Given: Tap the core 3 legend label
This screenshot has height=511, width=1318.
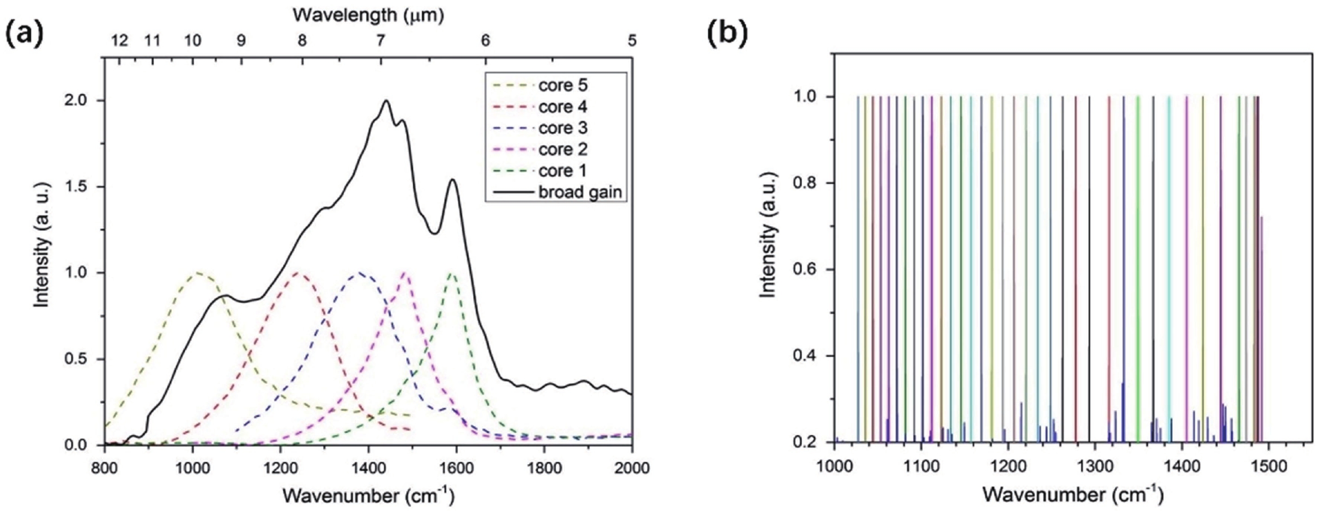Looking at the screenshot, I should [562, 128].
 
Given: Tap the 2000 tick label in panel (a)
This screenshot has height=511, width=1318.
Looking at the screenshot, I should [632, 468].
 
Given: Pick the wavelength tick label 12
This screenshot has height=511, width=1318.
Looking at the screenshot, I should [120, 41].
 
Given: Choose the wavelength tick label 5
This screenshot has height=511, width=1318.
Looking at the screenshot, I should [632, 41].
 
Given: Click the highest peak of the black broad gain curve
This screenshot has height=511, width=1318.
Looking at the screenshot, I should [386, 101].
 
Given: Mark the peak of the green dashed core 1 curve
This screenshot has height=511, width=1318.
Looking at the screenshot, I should [451, 274].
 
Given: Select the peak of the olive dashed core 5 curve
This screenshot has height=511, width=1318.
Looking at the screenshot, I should [199, 273].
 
